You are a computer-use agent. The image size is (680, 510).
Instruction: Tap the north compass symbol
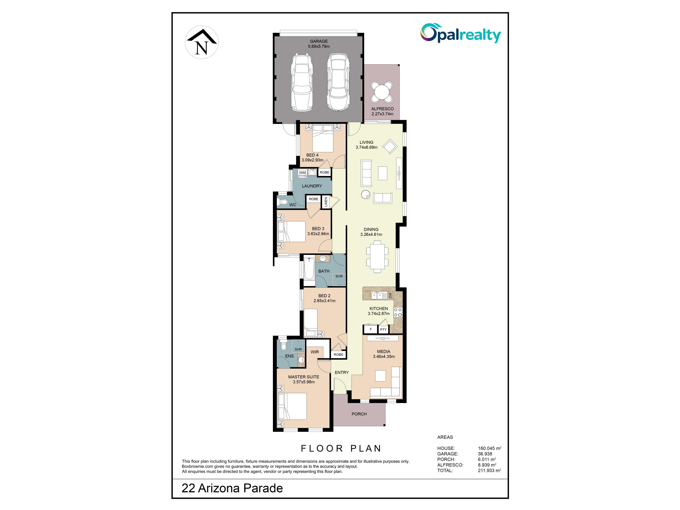point(202,42)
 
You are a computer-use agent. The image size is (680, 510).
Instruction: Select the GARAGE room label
point(319,41)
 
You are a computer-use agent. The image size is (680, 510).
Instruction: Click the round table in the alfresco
point(381,92)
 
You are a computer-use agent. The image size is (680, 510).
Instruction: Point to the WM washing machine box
point(302,173)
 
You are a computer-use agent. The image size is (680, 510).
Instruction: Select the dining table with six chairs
point(377,256)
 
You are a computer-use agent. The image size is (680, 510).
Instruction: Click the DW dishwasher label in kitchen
point(390,295)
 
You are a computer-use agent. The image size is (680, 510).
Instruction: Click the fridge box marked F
point(371,329)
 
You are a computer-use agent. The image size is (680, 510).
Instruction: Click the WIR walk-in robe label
point(315,352)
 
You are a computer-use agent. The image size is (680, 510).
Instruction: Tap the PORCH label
point(359,414)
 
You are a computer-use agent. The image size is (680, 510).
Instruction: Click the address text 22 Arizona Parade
point(232,488)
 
